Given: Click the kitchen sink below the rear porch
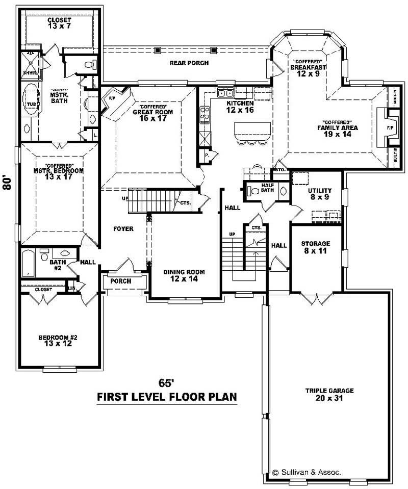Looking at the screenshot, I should [x=225, y=93].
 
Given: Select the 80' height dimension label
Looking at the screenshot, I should [x=8, y=183].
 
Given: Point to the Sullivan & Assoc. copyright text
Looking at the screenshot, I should [x=306, y=472].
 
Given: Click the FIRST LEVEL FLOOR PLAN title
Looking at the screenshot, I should [x=167, y=397].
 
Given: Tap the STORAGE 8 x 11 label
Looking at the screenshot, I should [x=315, y=247].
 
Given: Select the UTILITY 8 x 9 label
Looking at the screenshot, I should [x=319, y=193].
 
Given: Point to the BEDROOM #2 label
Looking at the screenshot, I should [x=58, y=341].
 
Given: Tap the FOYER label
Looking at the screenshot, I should [x=123, y=229].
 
